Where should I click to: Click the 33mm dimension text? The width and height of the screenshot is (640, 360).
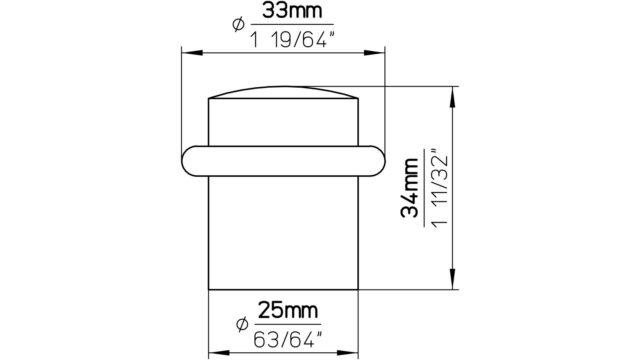(x=292, y=11)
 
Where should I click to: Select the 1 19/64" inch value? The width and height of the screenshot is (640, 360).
(x=292, y=40)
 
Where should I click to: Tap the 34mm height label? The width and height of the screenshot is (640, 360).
(x=410, y=188)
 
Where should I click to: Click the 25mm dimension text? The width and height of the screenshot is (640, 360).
(x=288, y=310)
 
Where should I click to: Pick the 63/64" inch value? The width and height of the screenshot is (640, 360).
(x=288, y=340)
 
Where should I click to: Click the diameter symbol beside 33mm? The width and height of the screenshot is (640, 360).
(x=238, y=24)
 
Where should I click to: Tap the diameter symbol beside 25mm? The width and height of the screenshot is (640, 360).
(x=242, y=324)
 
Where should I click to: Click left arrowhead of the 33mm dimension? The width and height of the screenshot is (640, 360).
(x=192, y=53)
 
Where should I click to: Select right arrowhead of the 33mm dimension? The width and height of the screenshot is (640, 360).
(x=374, y=53)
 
